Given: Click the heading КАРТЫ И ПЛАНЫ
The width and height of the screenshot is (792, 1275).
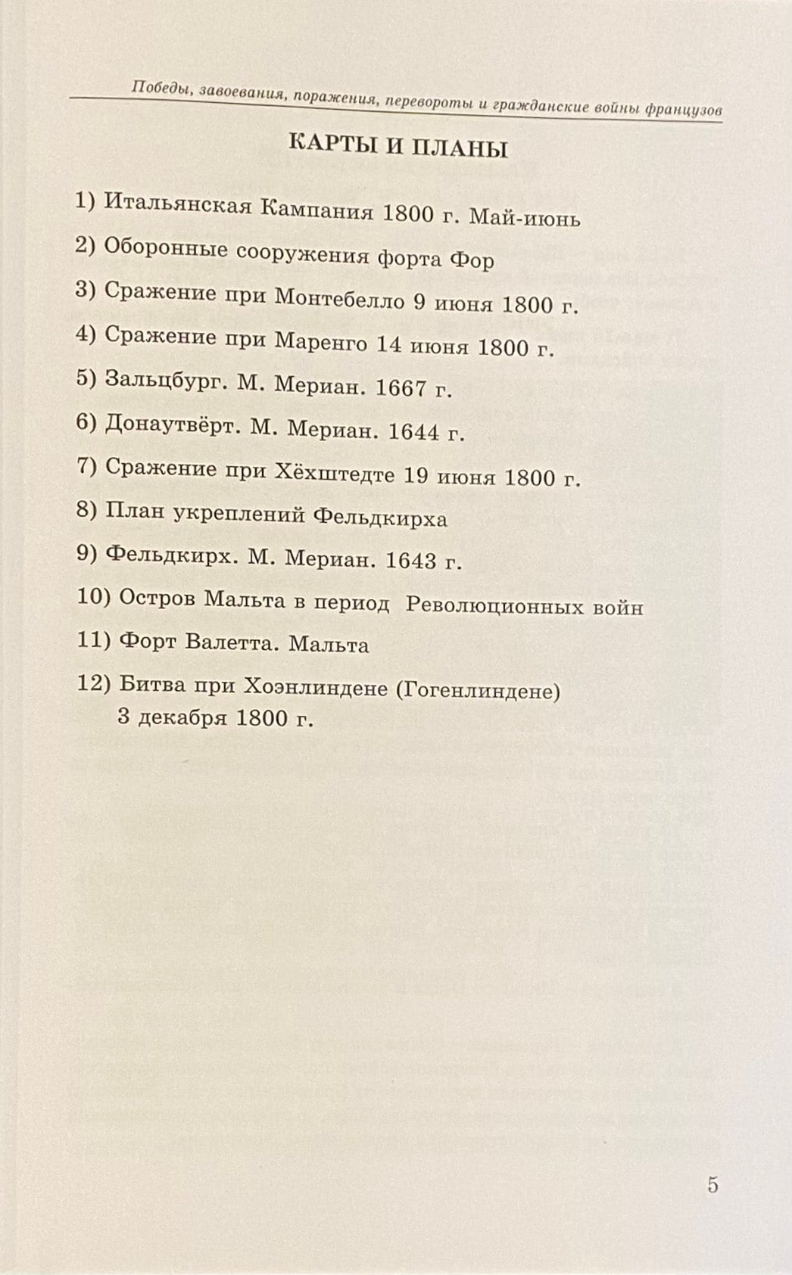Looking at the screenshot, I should coord(398,146).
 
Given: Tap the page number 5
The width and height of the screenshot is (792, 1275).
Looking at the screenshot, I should coord(712,1184).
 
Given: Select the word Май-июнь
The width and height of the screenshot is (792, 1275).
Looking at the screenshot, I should coord(525,218).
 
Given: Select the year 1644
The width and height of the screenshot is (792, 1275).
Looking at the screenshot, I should coord(413,431).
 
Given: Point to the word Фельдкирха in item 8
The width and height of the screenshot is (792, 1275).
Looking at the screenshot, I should coord(380,518).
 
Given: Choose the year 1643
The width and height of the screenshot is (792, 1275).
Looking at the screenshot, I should coord(411,560).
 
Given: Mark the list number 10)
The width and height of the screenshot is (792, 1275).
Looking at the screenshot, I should coord(95,597).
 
